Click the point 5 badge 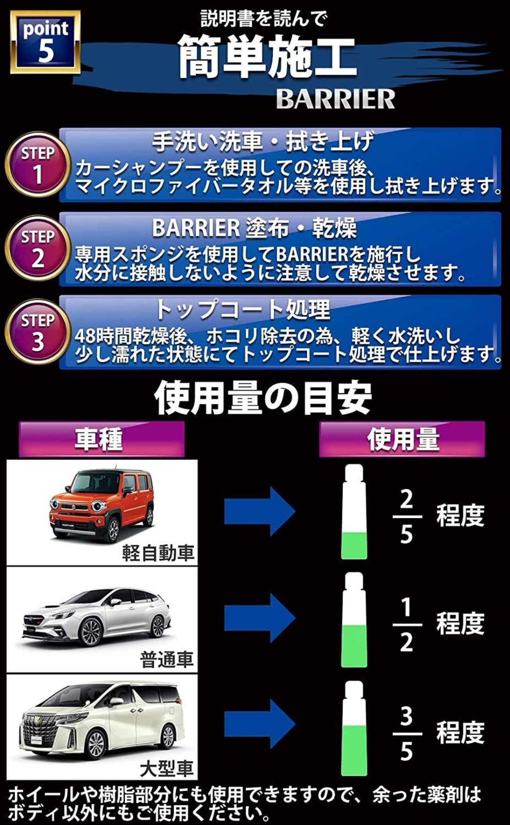[45, 42]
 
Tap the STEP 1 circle [37, 165]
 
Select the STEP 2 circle [37, 248]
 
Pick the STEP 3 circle [37, 332]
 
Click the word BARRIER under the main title [335, 99]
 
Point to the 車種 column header [102, 439]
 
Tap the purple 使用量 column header [402, 439]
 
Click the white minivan [102, 719]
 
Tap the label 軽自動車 [158, 553]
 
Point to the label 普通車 [167, 659]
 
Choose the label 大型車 [167, 768]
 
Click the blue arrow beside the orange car [259, 511]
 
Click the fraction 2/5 [406, 516]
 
